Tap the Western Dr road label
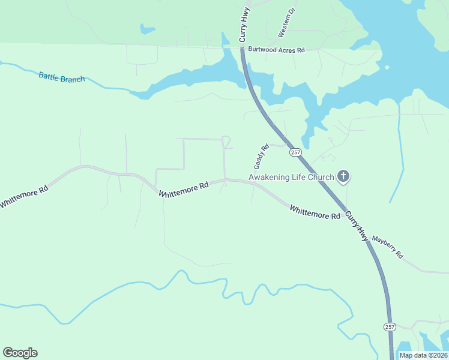[x=286, y=23]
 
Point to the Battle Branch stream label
[x=62, y=77]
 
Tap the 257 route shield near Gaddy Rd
[x=295, y=153]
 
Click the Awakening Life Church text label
[x=291, y=177]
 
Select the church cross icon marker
[x=343, y=176]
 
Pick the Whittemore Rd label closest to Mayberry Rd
[x=315, y=212]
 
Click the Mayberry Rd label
[x=387, y=247]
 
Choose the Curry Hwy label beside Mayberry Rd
[x=355, y=227]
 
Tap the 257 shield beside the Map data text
[x=390, y=326]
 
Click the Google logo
[x=20, y=353]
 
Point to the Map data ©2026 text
[x=423, y=355]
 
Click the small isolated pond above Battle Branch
[x=147, y=28]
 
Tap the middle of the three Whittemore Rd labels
[x=184, y=189]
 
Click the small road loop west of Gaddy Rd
[x=227, y=142]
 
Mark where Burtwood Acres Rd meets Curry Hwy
[x=241, y=50]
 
